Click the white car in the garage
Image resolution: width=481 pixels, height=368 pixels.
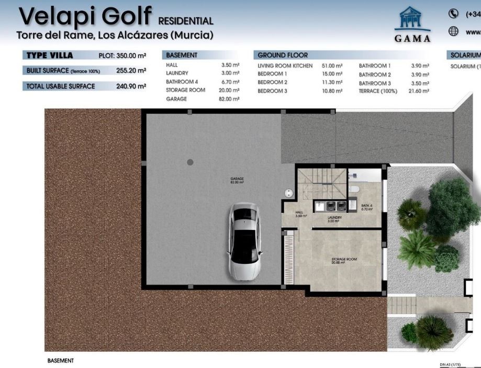pos(244,241)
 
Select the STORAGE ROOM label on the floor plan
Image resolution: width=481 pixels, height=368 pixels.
pos(344,260)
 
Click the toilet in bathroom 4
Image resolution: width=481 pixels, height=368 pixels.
pos(354,189)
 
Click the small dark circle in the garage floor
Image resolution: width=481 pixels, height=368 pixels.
pos(191,162)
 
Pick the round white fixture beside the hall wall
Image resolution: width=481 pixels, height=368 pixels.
pos(288,193)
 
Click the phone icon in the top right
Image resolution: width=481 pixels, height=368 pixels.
pos(453,14)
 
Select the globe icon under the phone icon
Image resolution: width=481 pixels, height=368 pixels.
pos(453,31)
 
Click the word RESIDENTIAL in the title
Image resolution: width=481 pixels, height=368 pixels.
pos(186,21)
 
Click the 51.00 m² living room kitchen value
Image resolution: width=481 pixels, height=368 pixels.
pos(331,66)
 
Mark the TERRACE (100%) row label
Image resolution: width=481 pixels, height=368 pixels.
pos(378,91)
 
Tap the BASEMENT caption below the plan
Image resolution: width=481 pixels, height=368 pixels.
pos(60,361)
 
